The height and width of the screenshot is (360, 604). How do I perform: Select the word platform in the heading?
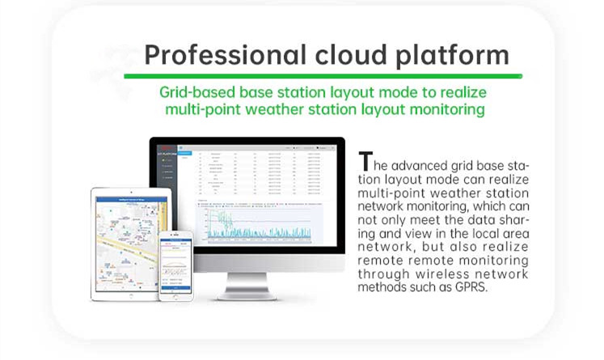click(457, 55)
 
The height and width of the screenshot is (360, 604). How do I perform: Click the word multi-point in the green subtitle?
click(200, 108)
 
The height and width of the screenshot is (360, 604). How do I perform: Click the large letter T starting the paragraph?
click(366, 161)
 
